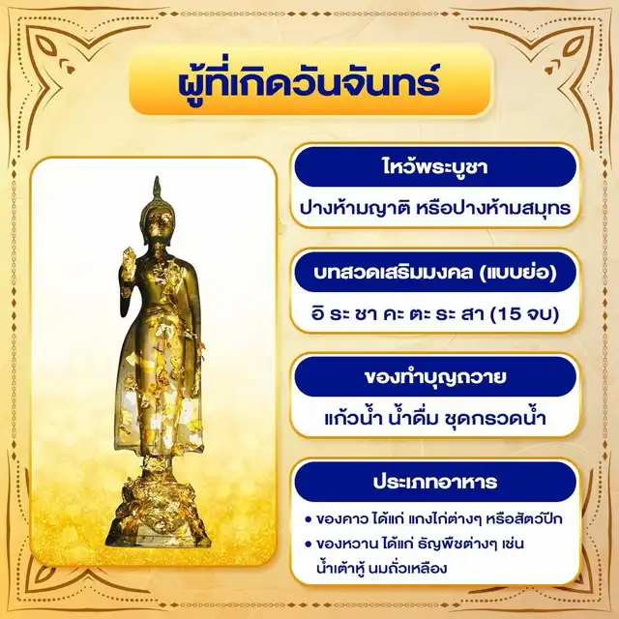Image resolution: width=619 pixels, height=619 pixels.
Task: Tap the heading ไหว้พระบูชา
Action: (434, 166)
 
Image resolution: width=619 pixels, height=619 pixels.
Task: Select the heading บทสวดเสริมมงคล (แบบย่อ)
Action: (434, 272)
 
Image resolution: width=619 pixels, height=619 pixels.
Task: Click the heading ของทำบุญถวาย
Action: (434, 376)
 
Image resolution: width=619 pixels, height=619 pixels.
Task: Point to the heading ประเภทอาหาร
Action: (434, 482)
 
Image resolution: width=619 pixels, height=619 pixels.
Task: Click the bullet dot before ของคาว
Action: (309, 519)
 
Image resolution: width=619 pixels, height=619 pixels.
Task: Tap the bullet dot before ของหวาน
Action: (309, 545)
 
